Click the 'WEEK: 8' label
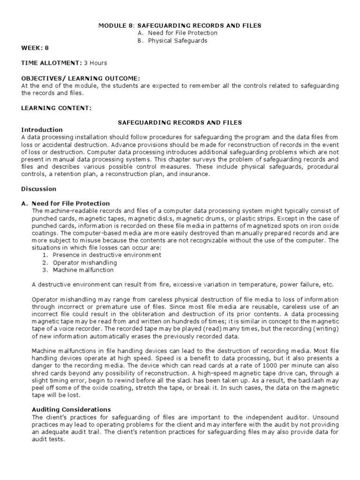click(x=34, y=48)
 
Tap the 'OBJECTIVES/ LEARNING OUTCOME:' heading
click(x=81, y=78)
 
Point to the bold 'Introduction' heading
click(x=42, y=129)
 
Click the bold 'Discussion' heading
click(x=39, y=189)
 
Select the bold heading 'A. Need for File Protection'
click(x=66, y=203)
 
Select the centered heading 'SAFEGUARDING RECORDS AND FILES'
click(x=179, y=122)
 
